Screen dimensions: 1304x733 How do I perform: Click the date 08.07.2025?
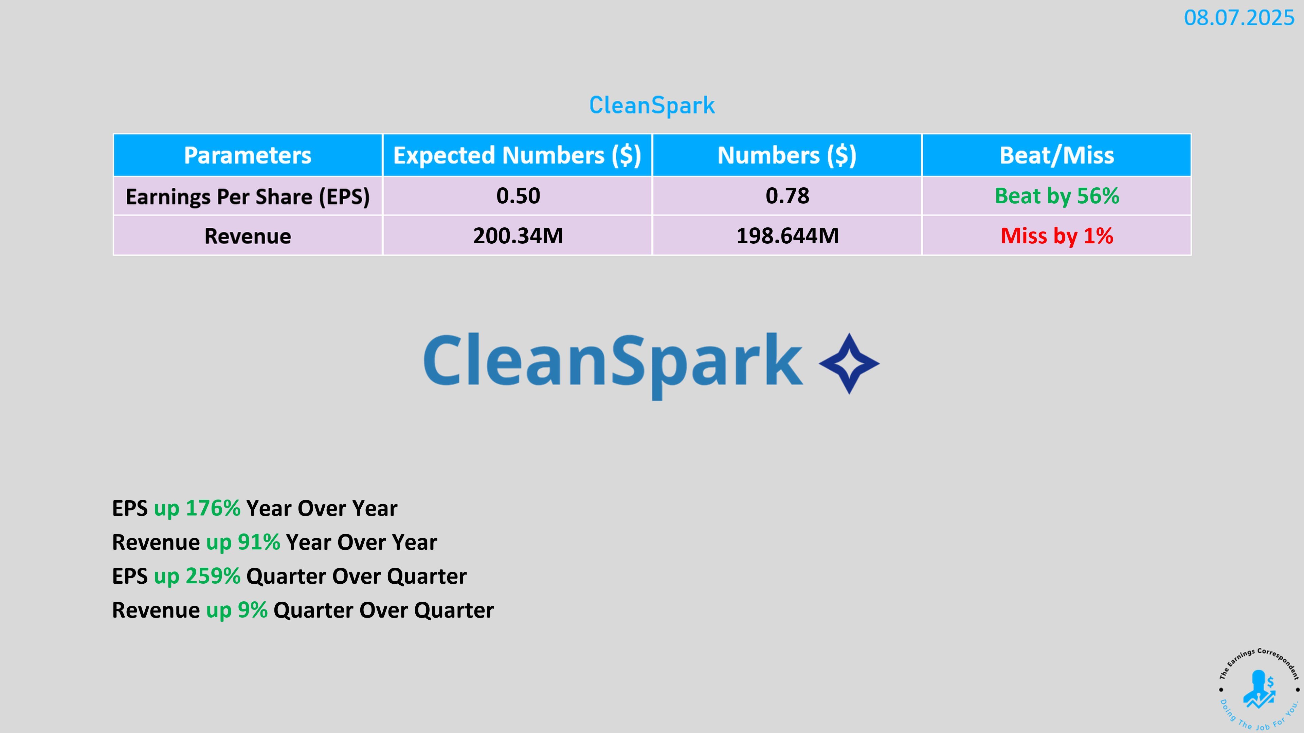click(1239, 18)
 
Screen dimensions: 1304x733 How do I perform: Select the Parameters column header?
click(248, 155)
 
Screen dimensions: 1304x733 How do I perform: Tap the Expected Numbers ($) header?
click(517, 155)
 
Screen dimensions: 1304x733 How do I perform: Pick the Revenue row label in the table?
click(248, 236)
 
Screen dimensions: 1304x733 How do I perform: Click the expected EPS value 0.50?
click(518, 196)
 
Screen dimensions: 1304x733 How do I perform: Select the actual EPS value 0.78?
click(787, 196)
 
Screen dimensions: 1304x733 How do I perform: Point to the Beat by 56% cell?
click(1057, 196)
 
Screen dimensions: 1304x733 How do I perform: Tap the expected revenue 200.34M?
click(518, 236)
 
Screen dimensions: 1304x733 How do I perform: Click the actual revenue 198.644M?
click(787, 236)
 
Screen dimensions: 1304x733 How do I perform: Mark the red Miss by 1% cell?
click(1057, 236)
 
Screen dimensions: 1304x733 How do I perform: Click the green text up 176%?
click(197, 508)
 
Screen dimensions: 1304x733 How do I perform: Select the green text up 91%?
click(243, 542)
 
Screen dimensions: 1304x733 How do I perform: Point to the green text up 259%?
click(197, 576)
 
